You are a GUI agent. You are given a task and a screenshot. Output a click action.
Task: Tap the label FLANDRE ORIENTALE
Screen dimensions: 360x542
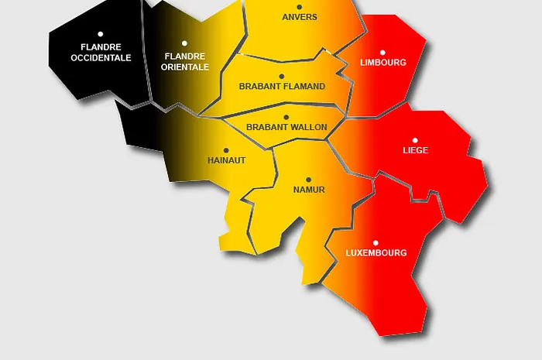[185, 61]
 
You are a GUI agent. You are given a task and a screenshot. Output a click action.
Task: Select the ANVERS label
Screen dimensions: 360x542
[300, 16]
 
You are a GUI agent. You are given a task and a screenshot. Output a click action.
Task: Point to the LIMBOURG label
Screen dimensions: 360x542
[383, 63]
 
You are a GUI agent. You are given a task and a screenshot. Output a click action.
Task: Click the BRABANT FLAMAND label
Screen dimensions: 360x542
[282, 87]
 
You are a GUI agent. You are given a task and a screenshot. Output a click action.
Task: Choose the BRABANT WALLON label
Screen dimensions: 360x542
[286, 127]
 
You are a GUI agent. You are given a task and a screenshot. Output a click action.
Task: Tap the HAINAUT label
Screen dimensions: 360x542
[226, 160]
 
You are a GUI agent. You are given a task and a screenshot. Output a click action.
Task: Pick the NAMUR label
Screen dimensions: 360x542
[309, 190]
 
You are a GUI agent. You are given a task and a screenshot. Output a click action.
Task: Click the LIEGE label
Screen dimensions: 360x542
[415, 150]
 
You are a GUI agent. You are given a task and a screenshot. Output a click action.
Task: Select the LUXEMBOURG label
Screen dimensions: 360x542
[376, 253]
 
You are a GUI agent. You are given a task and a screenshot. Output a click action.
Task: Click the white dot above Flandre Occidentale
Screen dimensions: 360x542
[101, 34]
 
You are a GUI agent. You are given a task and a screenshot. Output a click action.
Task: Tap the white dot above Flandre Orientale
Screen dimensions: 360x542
[184, 43]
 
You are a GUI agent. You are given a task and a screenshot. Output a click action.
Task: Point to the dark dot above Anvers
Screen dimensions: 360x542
[300, 5]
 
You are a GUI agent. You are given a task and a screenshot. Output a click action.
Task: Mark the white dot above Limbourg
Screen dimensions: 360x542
[382, 53]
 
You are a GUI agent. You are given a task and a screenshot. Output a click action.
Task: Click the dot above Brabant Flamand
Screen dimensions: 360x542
[281, 77]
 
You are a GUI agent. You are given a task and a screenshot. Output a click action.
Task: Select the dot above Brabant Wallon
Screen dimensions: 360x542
[286, 117]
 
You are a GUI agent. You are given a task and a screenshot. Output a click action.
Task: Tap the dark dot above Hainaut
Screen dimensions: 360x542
[226, 150]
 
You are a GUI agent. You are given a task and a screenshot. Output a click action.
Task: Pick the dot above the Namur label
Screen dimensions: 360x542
[308, 180]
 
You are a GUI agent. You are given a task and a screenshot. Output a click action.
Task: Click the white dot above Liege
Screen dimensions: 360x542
[415, 140]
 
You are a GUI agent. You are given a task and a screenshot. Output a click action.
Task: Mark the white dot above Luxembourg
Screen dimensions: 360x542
[376, 242]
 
